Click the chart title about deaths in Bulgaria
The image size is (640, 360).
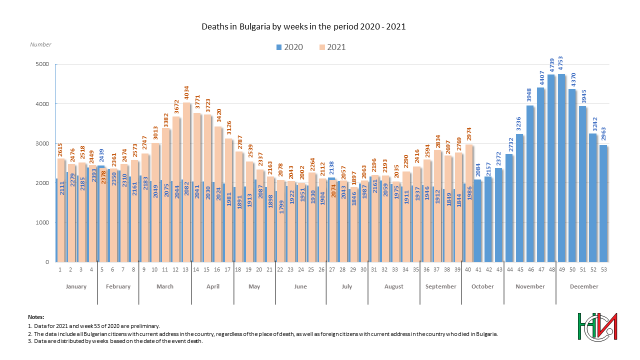303,26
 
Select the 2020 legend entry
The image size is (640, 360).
288,47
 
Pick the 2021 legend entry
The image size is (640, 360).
332,47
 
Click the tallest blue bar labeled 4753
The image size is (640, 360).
561,170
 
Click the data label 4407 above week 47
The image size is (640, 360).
541,77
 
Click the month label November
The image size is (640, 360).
530,286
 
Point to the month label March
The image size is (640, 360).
165,286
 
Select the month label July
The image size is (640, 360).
346,286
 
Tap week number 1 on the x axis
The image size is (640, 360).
60,269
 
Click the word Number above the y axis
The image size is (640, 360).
40,44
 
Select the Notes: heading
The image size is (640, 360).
36,317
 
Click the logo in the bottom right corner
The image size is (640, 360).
597,328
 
